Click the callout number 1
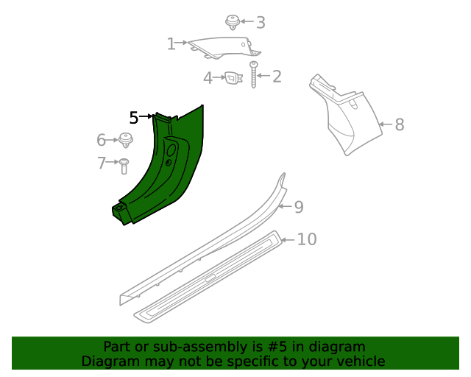click(171, 44)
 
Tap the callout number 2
click(277, 77)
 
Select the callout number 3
click(260, 23)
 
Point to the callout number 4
click(208, 77)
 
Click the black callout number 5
click(133, 117)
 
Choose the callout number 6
click(102, 140)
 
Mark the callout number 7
click(102, 163)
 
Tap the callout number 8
click(400, 124)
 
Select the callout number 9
click(298, 207)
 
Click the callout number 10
click(307, 239)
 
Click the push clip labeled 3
click(233, 21)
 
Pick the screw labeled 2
click(255, 75)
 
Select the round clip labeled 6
click(126, 139)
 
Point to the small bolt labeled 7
click(124, 165)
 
